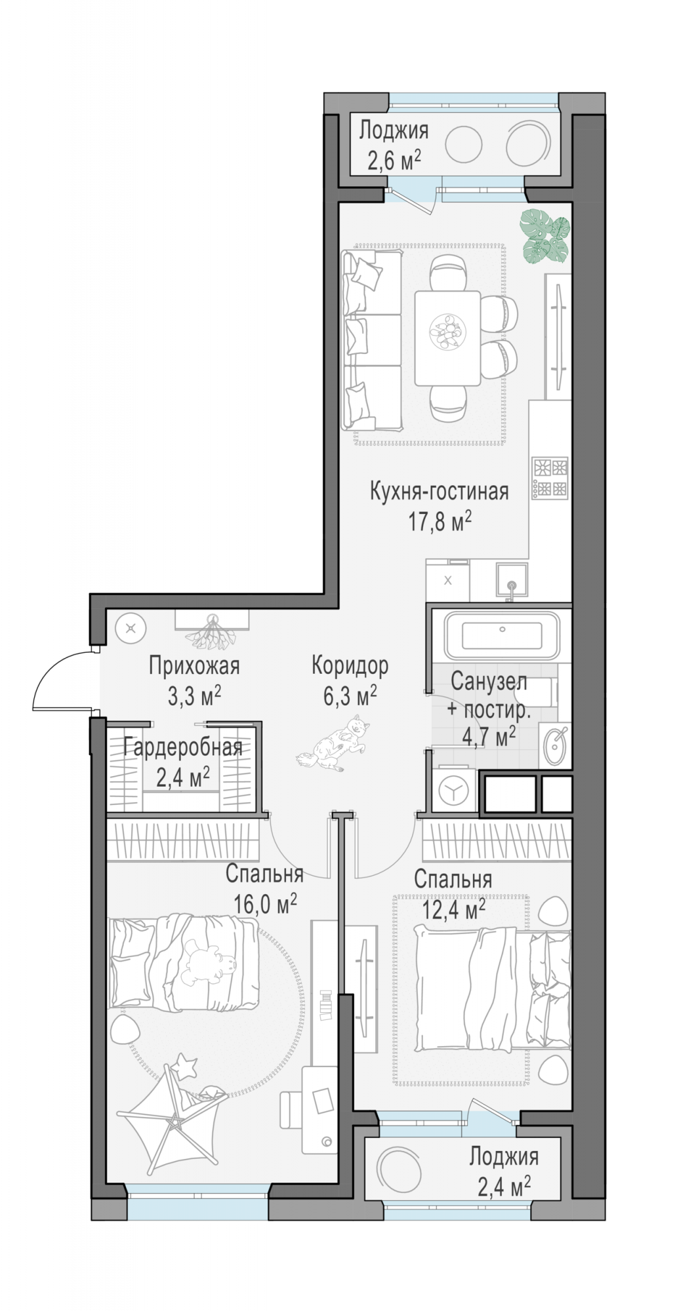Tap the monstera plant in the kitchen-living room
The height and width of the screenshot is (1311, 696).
(x=544, y=236)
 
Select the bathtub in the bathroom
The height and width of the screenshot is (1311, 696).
(x=502, y=636)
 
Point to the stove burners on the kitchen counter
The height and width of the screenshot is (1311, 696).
(x=550, y=477)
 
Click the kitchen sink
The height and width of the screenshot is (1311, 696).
(x=512, y=580)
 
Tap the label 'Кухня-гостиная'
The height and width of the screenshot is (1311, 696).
(x=439, y=491)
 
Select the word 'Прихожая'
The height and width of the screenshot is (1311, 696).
(x=194, y=666)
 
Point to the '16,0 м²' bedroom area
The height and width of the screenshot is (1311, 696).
(x=265, y=905)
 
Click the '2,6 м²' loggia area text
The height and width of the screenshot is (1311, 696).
(x=394, y=161)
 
